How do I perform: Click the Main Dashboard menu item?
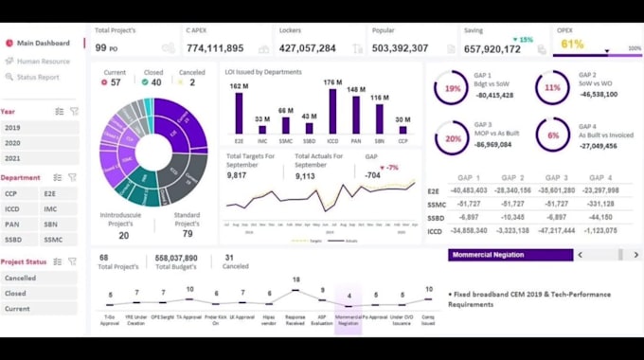click(x=43, y=43)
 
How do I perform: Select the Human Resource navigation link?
click(x=43, y=61)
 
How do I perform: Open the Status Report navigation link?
click(x=38, y=77)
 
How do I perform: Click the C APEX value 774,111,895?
click(x=215, y=48)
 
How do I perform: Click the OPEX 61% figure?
click(x=572, y=44)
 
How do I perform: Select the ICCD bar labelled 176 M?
click(x=332, y=114)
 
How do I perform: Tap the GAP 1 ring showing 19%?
click(x=452, y=88)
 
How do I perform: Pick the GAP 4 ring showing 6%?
click(x=552, y=135)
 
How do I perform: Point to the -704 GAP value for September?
click(x=373, y=174)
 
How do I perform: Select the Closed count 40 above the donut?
click(x=154, y=82)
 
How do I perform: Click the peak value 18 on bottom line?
click(x=296, y=279)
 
